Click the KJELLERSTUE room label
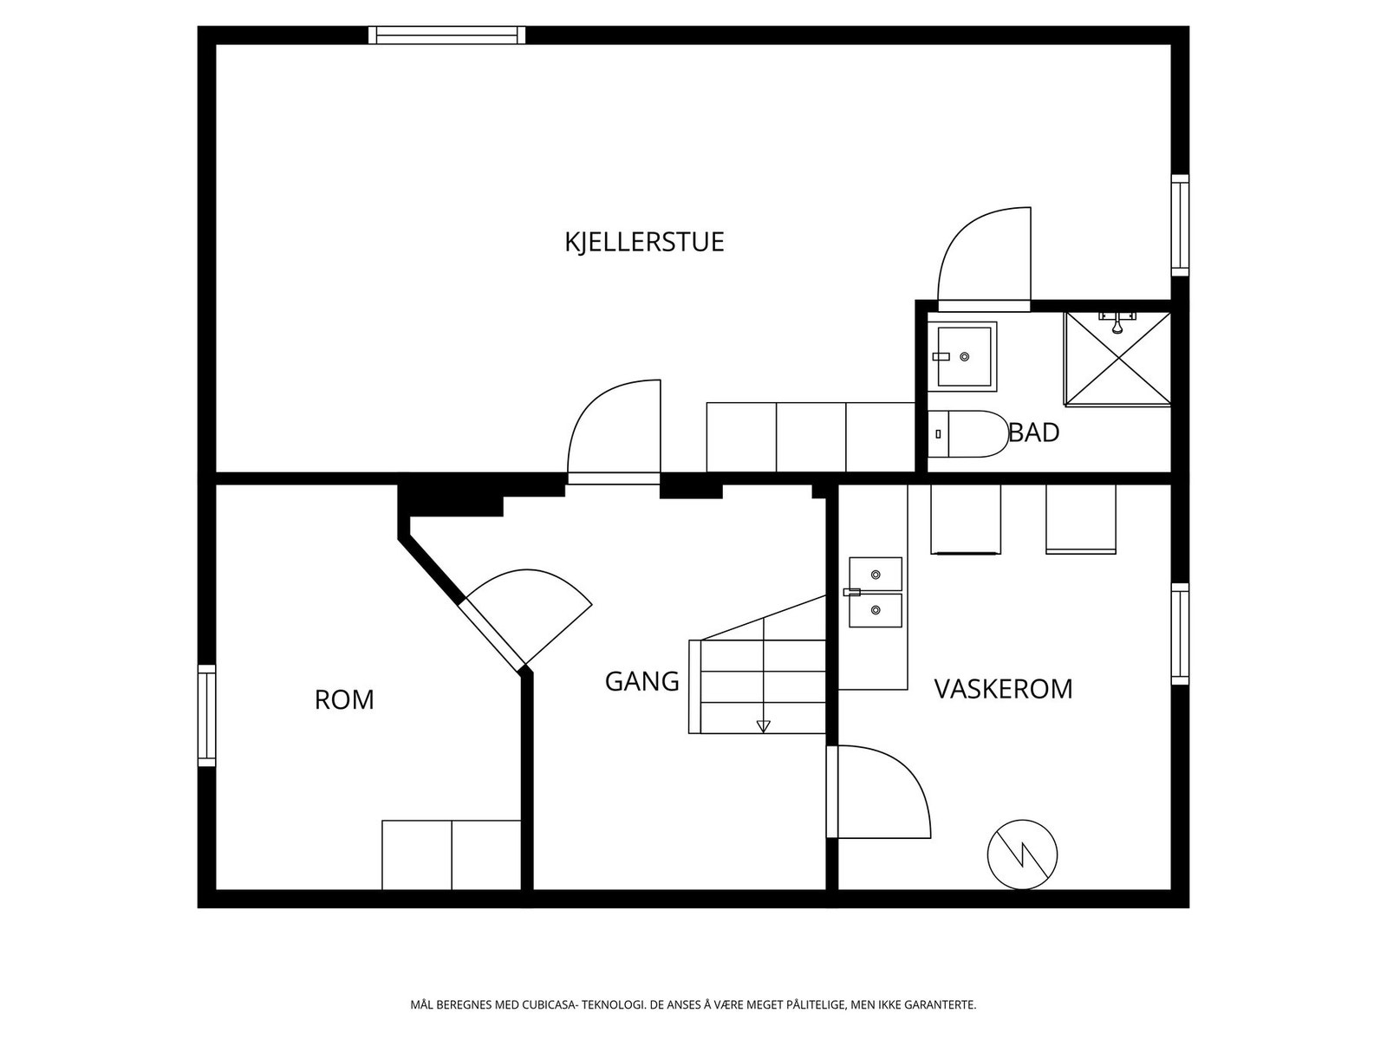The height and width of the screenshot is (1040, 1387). coord(644,242)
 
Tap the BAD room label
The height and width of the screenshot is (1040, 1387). coord(1034,432)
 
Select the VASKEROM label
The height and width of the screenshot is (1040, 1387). coord(1003,689)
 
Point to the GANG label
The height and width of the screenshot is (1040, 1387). coord(641,681)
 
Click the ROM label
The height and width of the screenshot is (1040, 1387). coord(344,699)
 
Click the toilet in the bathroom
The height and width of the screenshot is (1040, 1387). coord(968,433)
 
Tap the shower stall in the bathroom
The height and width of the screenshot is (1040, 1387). coord(1117,358)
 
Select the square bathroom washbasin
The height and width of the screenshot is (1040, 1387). coord(966,355)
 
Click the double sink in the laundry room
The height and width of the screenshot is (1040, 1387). coord(875,593)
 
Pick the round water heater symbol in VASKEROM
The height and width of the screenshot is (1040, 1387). coord(1022,854)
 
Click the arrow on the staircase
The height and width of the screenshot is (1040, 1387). coord(763,726)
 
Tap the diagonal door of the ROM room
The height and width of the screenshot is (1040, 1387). coord(494,634)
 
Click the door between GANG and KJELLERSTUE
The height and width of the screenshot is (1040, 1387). coord(614,478)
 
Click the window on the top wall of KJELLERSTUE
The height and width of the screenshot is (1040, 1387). coord(446,35)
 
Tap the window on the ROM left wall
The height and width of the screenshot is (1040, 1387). coord(206,715)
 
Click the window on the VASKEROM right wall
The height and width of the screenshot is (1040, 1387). coord(1180,634)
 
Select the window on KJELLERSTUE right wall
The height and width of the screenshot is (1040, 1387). coord(1180,225)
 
